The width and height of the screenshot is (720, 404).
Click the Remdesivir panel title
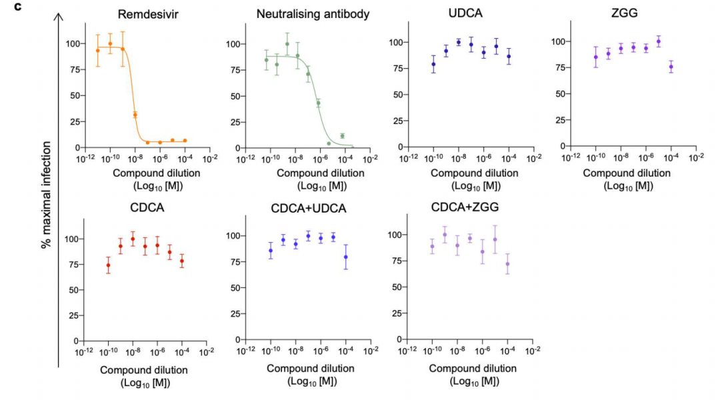click(x=142, y=14)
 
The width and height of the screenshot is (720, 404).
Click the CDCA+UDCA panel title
click(x=309, y=208)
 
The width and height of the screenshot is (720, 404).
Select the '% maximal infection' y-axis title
click(x=46, y=200)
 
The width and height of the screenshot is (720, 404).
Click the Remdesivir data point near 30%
click(x=135, y=115)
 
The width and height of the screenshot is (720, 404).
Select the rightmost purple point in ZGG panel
click(x=671, y=67)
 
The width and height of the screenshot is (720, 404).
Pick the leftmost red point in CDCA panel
click(x=108, y=265)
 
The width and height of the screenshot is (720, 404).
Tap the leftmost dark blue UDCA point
click(x=433, y=65)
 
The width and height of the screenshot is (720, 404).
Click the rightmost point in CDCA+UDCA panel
click(x=345, y=257)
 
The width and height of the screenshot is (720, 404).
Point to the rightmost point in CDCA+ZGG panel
click(x=507, y=264)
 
